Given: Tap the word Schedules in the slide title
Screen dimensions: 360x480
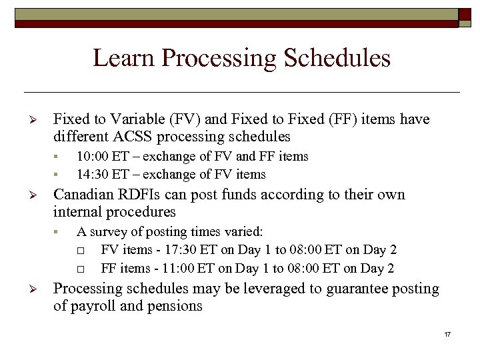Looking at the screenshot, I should (337, 58).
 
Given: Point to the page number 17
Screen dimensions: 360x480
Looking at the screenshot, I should (447, 333).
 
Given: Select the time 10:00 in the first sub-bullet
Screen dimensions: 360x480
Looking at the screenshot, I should (92, 157).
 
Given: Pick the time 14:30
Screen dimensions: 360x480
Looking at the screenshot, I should (92, 175).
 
